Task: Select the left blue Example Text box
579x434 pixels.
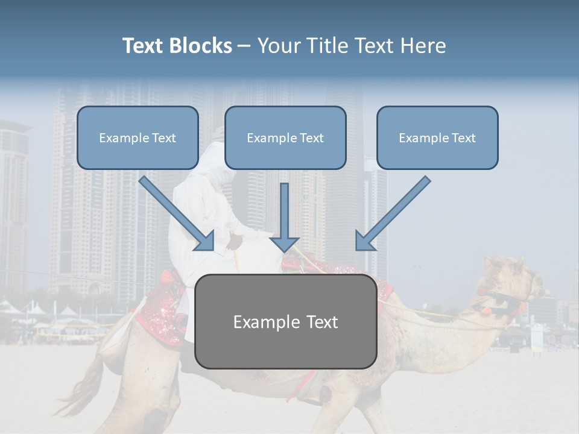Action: coord(138,137)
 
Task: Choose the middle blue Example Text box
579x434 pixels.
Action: coord(285,137)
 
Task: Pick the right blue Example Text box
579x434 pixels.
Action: coord(437,137)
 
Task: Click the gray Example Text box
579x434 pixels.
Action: coord(285,321)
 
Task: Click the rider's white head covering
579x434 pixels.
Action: coord(213,160)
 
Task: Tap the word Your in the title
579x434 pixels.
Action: coord(279,46)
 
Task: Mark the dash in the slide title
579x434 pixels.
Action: coord(244,46)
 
